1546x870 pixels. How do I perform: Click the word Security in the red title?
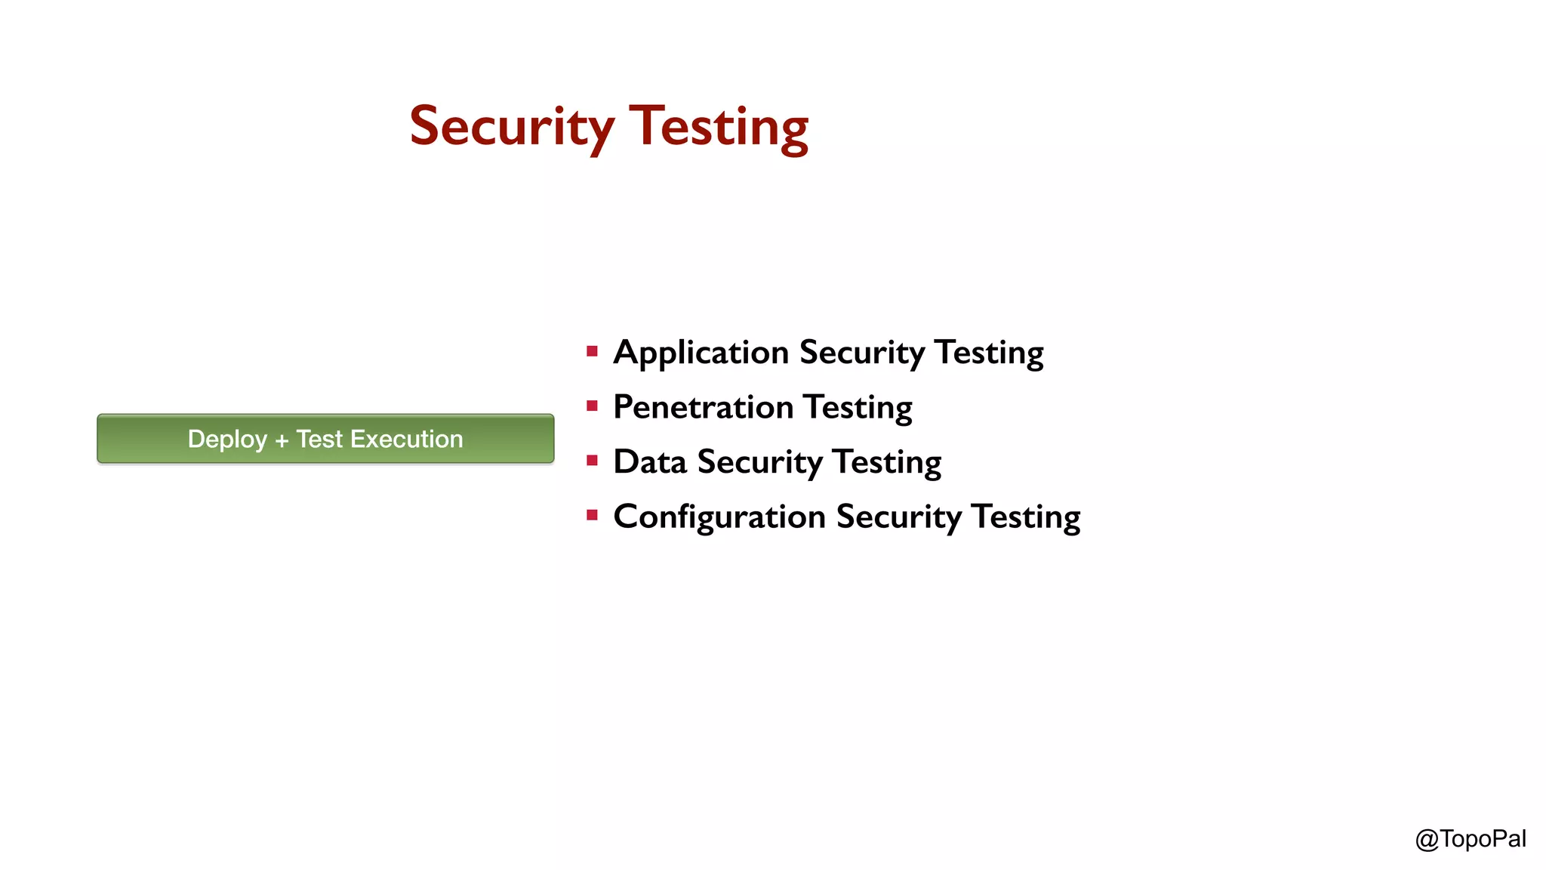click(x=512, y=127)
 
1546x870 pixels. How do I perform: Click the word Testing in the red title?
click(x=719, y=127)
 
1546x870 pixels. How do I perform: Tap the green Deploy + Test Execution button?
click(x=325, y=439)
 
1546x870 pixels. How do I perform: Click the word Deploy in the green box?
click(x=227, y=440)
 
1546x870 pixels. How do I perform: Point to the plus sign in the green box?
click(x=282, y=440)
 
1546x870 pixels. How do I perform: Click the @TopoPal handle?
click(x=1471, y=839)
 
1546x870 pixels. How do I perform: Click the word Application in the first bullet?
click(x=701, y=353)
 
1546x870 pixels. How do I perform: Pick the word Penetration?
click(x=703, y=407)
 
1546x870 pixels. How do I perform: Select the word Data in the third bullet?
click(x=649, y=462)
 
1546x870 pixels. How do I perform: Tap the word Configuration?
click(x=719, y=517)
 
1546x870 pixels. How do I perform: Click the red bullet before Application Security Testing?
click(x=592, y=351)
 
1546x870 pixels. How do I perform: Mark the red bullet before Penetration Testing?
click(x=592, y=406)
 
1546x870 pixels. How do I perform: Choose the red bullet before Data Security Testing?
click(x=592, y=461)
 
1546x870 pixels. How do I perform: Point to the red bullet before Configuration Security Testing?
click(x=592, y=516)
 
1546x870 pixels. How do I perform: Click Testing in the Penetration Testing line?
click(x=858, y=409)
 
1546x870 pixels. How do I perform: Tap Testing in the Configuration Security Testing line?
click(x=1026, y=518)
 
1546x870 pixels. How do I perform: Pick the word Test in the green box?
click(x=319, y=439)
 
